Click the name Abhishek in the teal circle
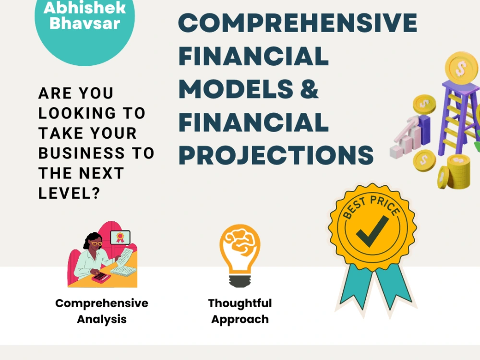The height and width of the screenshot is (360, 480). [x=84, y=8]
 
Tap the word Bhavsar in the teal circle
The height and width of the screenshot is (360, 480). [x=84, y=24]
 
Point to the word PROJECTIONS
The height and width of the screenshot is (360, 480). [x=276, y=155]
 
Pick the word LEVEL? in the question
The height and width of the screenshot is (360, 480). [x=69, y=193]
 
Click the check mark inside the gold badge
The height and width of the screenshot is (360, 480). [x=372, y=231]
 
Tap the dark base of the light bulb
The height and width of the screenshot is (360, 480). [x=240, y=279]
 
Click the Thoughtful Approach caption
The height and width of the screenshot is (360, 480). [x=240, y=311]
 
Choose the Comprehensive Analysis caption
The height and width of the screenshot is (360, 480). [x=102, y=311]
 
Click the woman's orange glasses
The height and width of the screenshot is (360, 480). [x=96, y=243]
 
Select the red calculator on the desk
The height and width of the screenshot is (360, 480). [x=99, y=277]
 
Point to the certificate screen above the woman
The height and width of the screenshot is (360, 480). [x=120, y=238]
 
